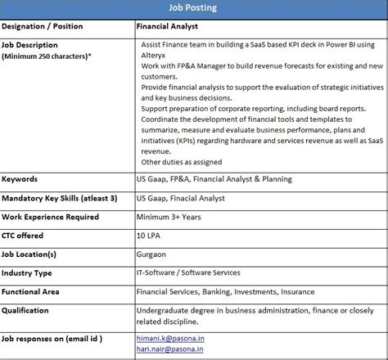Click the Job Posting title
pos(193,10)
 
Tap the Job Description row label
pos(29,45)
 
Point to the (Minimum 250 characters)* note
pos(47,56)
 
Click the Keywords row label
pos(20,179)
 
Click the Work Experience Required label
pos(50,217)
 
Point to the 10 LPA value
pos(150,236)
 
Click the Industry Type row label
pos(27,272)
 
